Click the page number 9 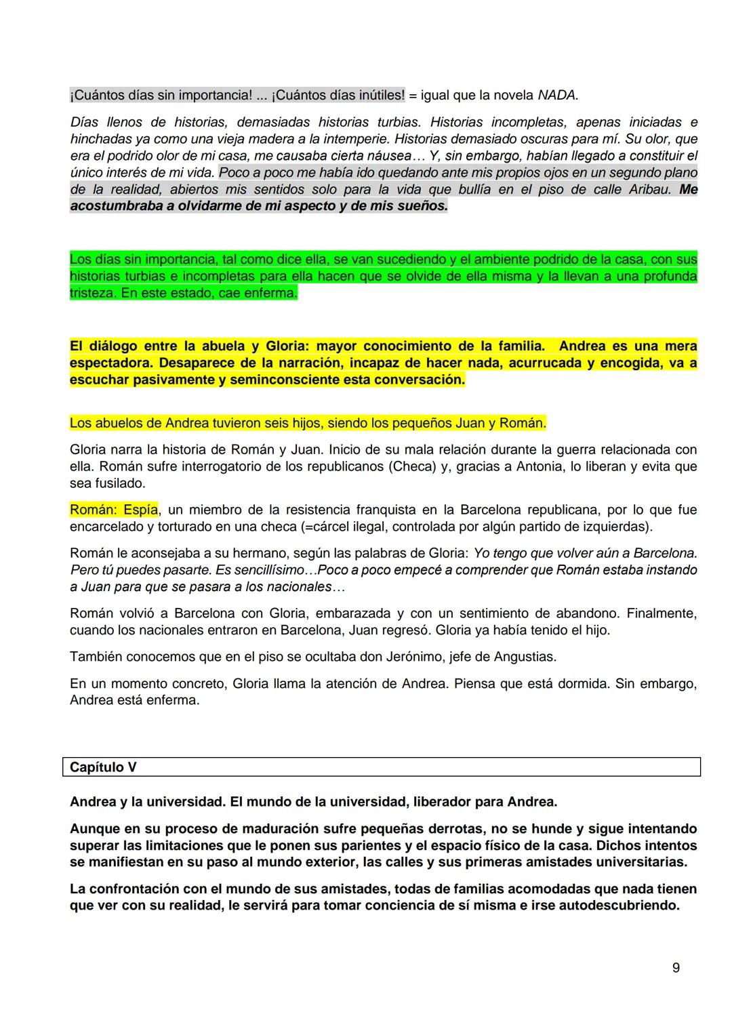(676, 967)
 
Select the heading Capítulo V (103, 767)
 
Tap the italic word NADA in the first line (556, 96)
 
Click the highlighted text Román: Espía (114, 509)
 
